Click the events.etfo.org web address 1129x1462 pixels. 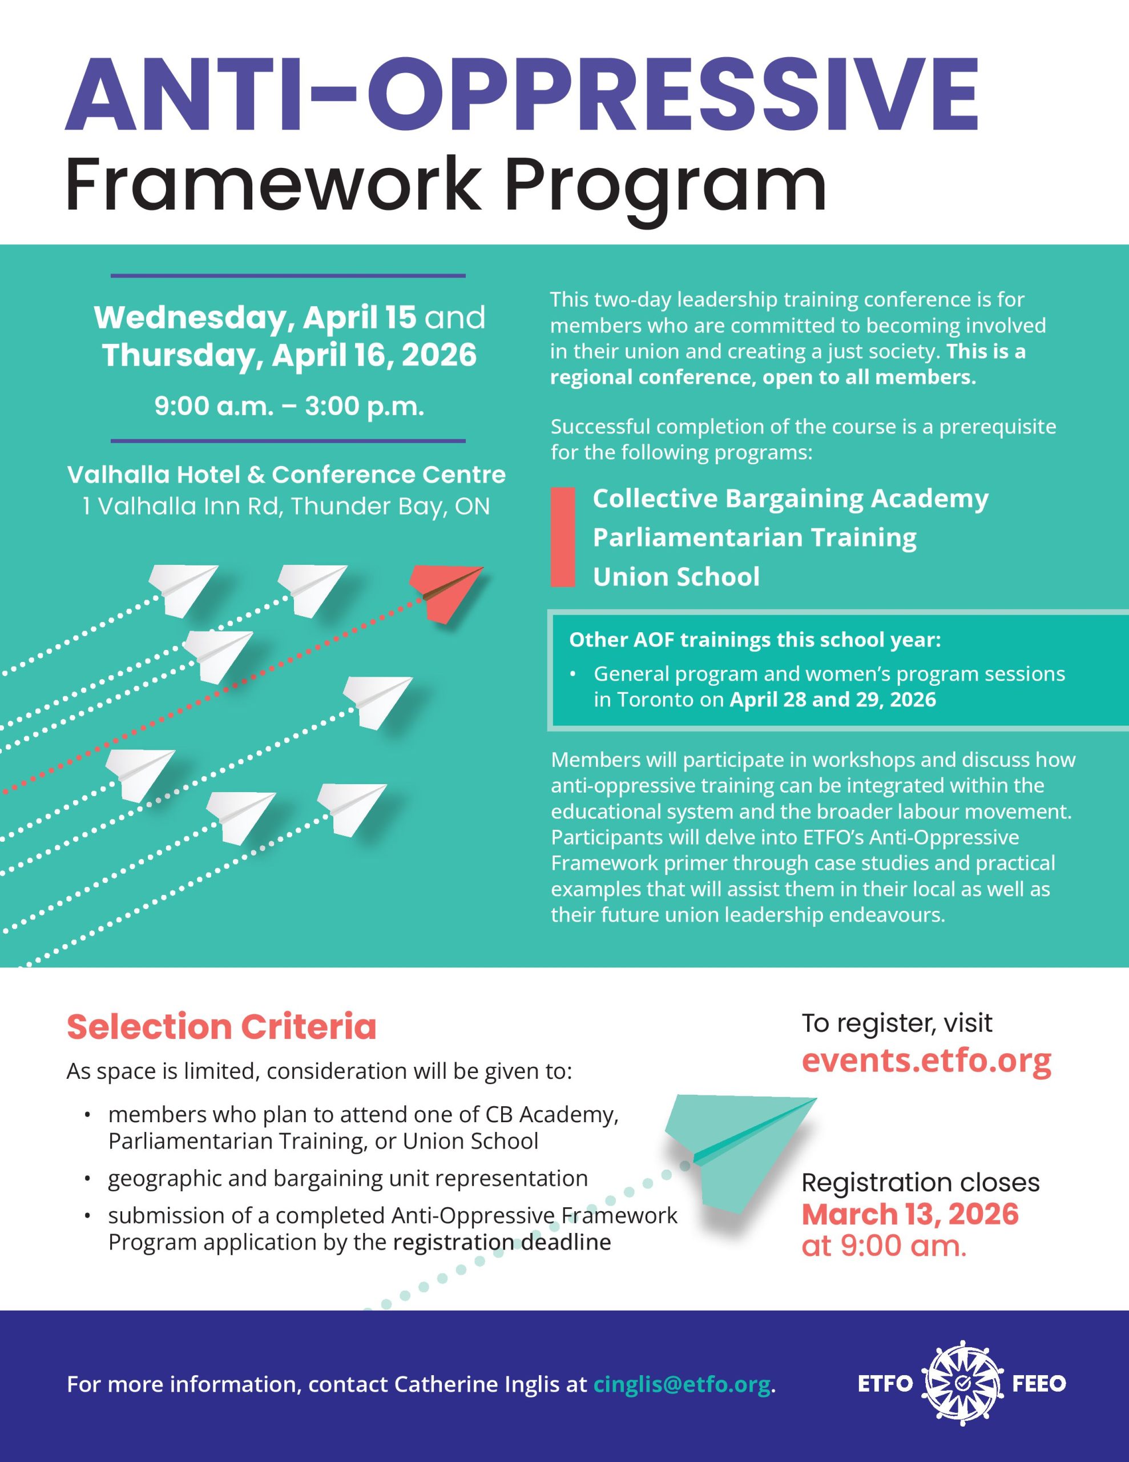(x=926, y=1061)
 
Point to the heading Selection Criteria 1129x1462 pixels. (x=221, y=1027)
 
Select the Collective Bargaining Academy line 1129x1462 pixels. (x=790, y=499)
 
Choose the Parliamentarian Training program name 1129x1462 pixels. (x=754, y=537)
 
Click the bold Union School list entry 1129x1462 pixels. (x=676, y=576)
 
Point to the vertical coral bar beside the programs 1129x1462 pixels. (x=563, y=537)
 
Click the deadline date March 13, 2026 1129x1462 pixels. (x=909, y=1214)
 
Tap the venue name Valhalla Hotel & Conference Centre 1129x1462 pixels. (x=287, y=475)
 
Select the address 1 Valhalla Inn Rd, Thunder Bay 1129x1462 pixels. (x=286, y=506)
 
